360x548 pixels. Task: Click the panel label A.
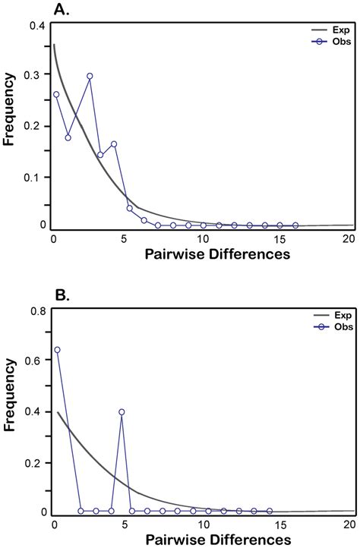pos(60,10)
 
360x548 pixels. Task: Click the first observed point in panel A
pos(56,95)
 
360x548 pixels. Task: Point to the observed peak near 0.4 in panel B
pos(122,412)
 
